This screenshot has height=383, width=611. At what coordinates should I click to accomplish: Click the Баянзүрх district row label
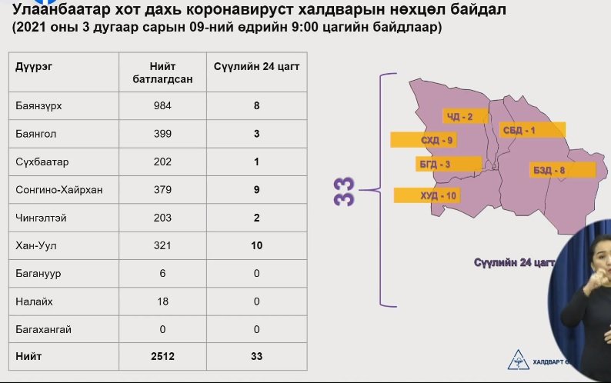[38, 105]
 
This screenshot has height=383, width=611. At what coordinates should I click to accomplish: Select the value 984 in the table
[162, 105]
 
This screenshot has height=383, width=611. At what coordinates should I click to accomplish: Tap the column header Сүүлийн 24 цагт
[256, 67]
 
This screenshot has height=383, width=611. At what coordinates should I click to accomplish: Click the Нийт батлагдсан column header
[162, 72]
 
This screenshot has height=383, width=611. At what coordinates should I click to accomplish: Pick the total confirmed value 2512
[162, 356]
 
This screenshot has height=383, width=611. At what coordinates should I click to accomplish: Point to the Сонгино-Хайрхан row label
[58, 190]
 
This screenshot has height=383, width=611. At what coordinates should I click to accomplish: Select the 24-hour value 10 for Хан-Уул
[256, 245]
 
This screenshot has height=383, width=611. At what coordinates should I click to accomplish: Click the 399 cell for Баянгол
[162, 134]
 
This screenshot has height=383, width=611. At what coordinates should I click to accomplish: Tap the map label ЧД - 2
[460, 116]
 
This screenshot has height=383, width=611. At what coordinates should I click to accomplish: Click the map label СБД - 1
[519, 130]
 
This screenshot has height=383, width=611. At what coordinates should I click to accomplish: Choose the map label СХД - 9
[436, 140]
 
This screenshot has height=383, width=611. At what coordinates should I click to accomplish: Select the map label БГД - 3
[435, 165]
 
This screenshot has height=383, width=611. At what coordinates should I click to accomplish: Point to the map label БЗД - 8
[549, 170]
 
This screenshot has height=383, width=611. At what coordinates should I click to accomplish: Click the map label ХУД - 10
[438, 195]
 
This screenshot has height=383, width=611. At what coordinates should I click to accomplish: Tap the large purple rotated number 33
[344, 191]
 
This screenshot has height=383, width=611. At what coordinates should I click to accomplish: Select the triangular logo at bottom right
[518, 360]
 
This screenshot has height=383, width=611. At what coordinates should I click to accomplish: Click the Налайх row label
[34, 301]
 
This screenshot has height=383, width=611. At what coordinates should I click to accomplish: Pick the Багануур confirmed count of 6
[162, 274]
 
